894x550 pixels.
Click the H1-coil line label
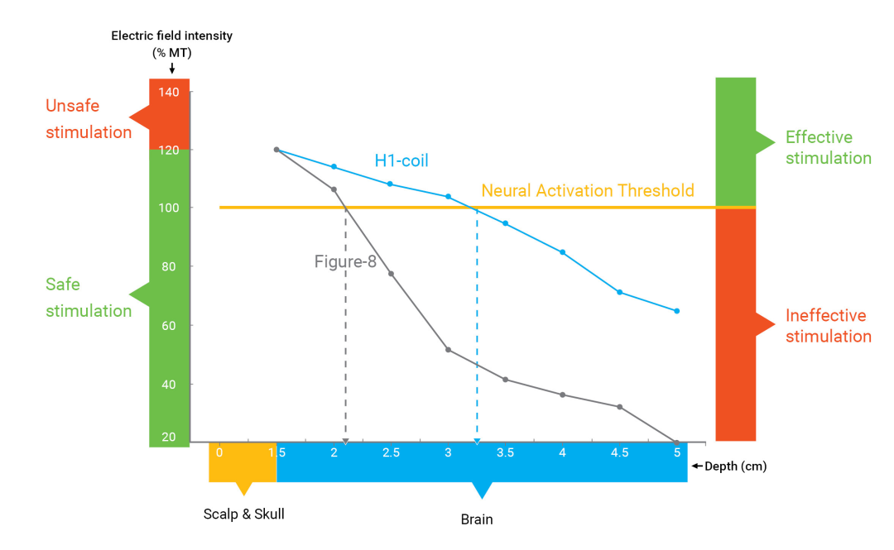click(401, 160)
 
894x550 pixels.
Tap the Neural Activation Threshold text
click(588, 191)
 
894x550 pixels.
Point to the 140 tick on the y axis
click(170, 92)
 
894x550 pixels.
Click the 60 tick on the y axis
click(170, 325)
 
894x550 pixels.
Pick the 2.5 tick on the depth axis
click(391, 452)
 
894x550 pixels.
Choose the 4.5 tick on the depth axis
click(619, 452)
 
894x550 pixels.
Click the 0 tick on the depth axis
click(219, 452)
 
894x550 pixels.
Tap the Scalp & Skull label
click(243, 514)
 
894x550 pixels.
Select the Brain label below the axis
click(477, 519)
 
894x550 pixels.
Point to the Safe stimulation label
click(89, 298)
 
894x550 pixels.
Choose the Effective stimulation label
click(828, 147)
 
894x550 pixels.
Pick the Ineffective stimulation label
click(828, 326)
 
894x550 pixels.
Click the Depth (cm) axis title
click(735, 466)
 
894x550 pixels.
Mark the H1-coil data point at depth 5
click(677, 311)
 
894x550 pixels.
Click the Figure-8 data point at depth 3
click(449, 350)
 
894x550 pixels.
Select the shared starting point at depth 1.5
click(276, 150)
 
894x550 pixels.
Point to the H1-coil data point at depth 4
click(563, 252)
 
